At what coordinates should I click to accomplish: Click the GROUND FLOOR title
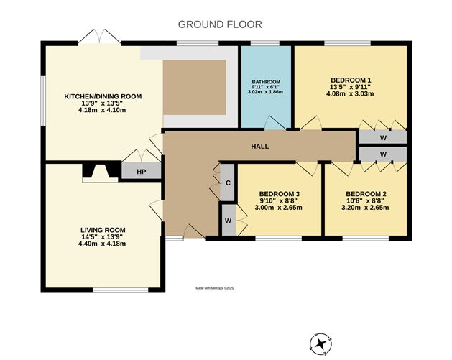click(220, 24)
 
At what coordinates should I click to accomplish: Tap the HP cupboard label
click(142, 172)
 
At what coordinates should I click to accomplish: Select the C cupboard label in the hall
click(228, 183)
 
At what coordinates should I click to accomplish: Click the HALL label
click(259, 147)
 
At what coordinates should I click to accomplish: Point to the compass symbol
click(320, 344)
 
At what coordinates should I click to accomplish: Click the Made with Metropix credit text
click(215, 288)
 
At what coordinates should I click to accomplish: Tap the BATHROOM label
click(266, 82)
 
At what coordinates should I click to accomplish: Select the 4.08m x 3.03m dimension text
click(350, 93)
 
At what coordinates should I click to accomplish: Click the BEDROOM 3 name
click(278, 194)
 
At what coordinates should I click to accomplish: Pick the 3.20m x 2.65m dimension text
click(365, 208)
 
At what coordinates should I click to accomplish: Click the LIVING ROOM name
click(103, 230)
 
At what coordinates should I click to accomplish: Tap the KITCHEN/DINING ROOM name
click(103, 96)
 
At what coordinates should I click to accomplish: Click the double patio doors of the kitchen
click(99, 37)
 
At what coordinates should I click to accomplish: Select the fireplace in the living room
click(100, 172)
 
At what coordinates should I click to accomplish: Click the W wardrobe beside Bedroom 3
click(229, 220)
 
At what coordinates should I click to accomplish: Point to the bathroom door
click(275, 123)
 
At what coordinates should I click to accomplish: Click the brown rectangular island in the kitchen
click(195, 88)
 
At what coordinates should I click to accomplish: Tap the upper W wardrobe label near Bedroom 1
click(383, 138)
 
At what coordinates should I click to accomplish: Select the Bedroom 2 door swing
click(341, 169)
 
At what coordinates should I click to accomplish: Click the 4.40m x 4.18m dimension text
click(102, 244)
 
